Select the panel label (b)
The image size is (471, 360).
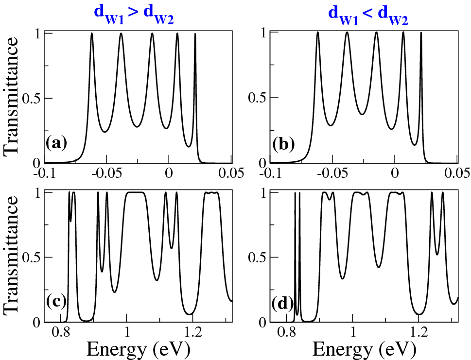(x=282, y=144)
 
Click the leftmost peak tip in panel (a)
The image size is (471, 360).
(x=92, y=34)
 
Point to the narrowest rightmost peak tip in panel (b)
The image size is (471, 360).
(x=421, y=33)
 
